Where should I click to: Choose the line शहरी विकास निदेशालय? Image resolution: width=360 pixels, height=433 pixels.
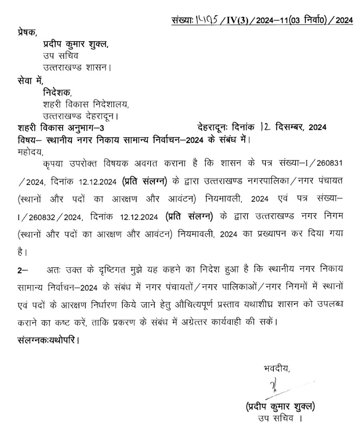86,105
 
